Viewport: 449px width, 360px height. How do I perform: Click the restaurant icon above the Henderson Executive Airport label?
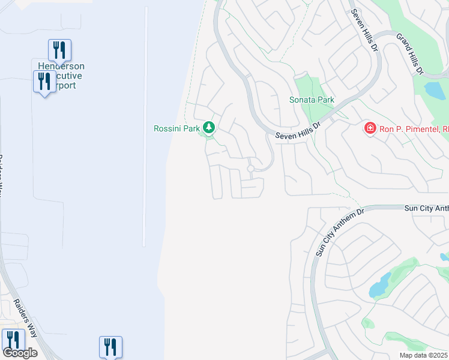click(x=59, y=50)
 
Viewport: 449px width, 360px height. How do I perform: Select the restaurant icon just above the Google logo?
click(x=13, y=340)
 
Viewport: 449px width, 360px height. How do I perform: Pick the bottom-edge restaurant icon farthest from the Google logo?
click(x=110, y=347)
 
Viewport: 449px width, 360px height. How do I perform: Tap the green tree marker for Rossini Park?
click(x=209, y=127)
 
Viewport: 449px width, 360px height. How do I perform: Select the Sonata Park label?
click(x=312, y=100)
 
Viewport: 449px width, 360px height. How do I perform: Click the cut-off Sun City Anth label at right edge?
click(x=424, y=208)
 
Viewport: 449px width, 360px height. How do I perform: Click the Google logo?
click(x=20, y=352)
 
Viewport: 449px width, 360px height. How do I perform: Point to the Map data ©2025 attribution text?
click(x=423, y=355)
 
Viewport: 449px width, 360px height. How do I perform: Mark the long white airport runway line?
click(x=145, y=126)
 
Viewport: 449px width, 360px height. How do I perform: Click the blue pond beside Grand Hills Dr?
click(x=435, y=91)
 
